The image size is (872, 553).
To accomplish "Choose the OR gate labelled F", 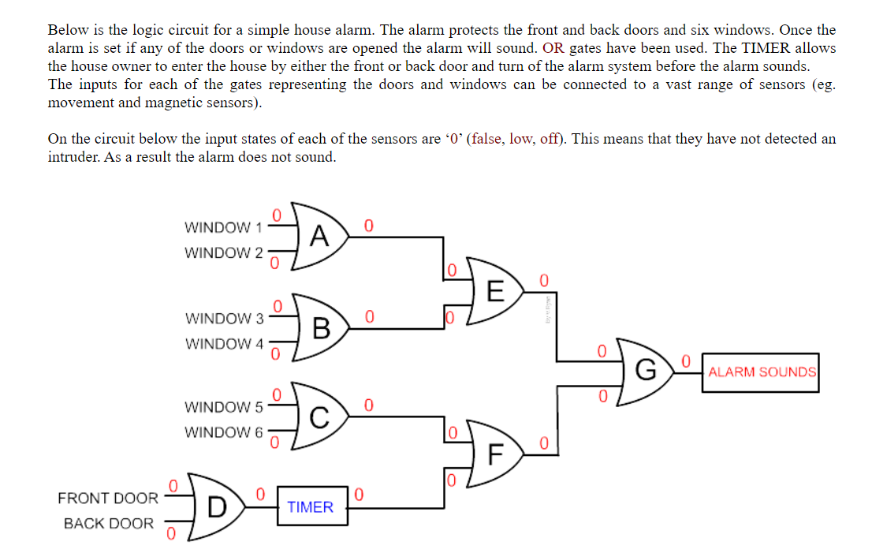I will tap(494, 454).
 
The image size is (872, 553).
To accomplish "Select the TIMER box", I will tap(311, 507).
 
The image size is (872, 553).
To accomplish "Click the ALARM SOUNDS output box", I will tap(762, 372).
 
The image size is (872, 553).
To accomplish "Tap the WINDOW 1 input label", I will tap(223, 228).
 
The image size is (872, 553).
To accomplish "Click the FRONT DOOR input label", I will tap(108, 499).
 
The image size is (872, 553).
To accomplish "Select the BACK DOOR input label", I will tap(109, 524).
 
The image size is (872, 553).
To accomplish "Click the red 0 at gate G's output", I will tap(686, 361).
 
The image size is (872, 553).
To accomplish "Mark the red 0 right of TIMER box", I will tap(360, 495).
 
